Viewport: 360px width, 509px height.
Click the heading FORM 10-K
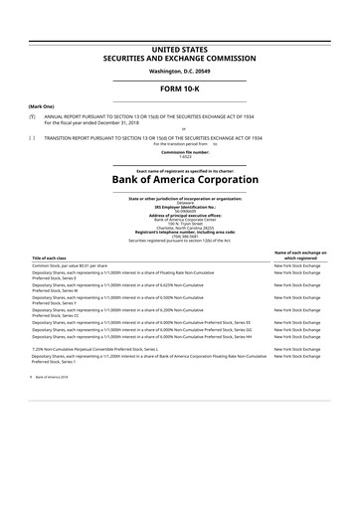click(179, 86)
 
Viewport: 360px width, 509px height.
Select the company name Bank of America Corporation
click(179, 179)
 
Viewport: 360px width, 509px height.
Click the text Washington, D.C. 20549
click(179, 70)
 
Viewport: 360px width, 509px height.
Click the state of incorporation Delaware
click(179, 202)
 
